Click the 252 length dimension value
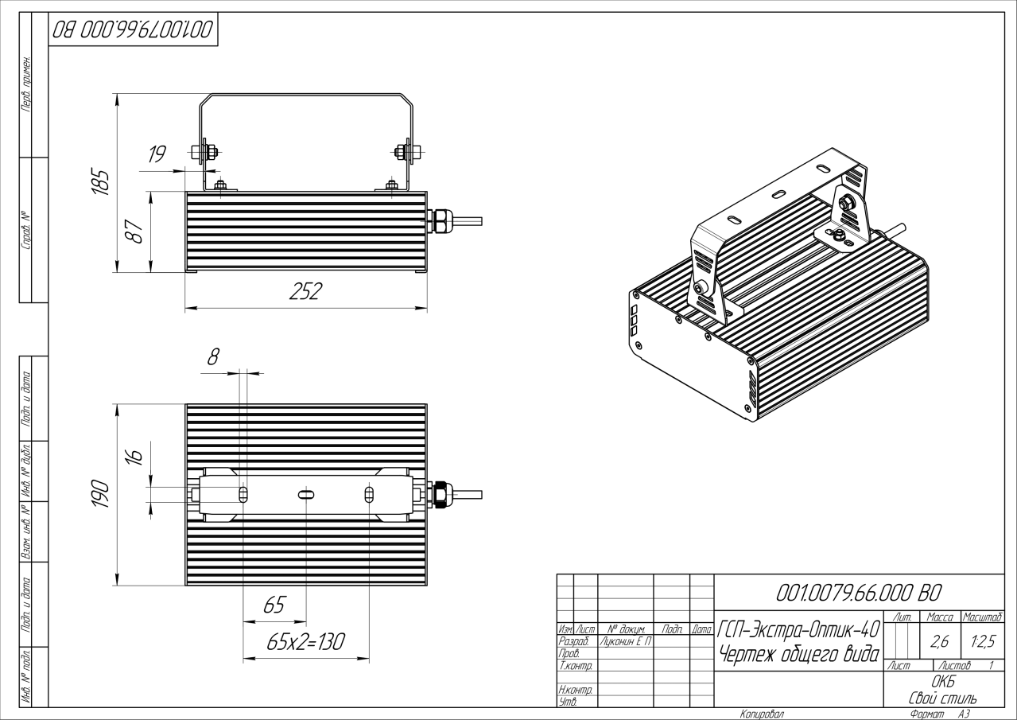305,292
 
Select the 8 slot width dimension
213,357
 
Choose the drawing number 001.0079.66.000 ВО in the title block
857,593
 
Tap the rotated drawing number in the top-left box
132,31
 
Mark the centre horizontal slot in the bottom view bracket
305,494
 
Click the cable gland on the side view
439,221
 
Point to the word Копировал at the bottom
762,714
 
